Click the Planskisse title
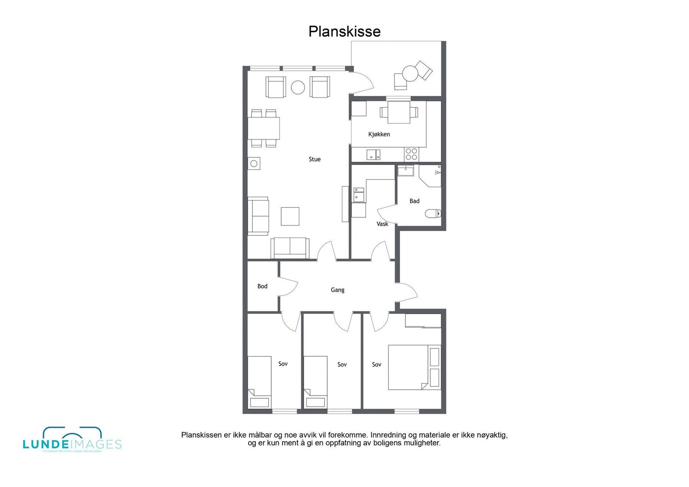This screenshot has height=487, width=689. [x=344, y=31]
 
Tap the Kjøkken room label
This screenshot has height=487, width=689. [x=379, y=134]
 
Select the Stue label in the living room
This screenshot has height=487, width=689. [x=314, y=159]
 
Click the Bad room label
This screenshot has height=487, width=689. [x=414, y=201]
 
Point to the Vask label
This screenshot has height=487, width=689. [x=382, y=224]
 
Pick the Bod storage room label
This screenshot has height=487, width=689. [x=262, y=286]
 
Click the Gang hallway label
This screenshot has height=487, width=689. [x=337, y=290]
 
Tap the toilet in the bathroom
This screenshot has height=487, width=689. [x=433, y=213]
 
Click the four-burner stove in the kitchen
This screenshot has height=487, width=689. [x=411, y=154]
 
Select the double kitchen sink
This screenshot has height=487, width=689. [x=373, y=154]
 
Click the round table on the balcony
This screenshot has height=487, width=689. [x=410, y=73]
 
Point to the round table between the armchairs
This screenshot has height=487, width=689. [x=298, y=87]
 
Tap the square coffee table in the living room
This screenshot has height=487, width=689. [x=290, y=216]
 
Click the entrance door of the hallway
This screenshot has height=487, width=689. [x=407, y=293]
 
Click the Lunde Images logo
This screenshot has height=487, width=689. [x=72, y=441]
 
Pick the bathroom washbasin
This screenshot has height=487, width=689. [x=405, y=171]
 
